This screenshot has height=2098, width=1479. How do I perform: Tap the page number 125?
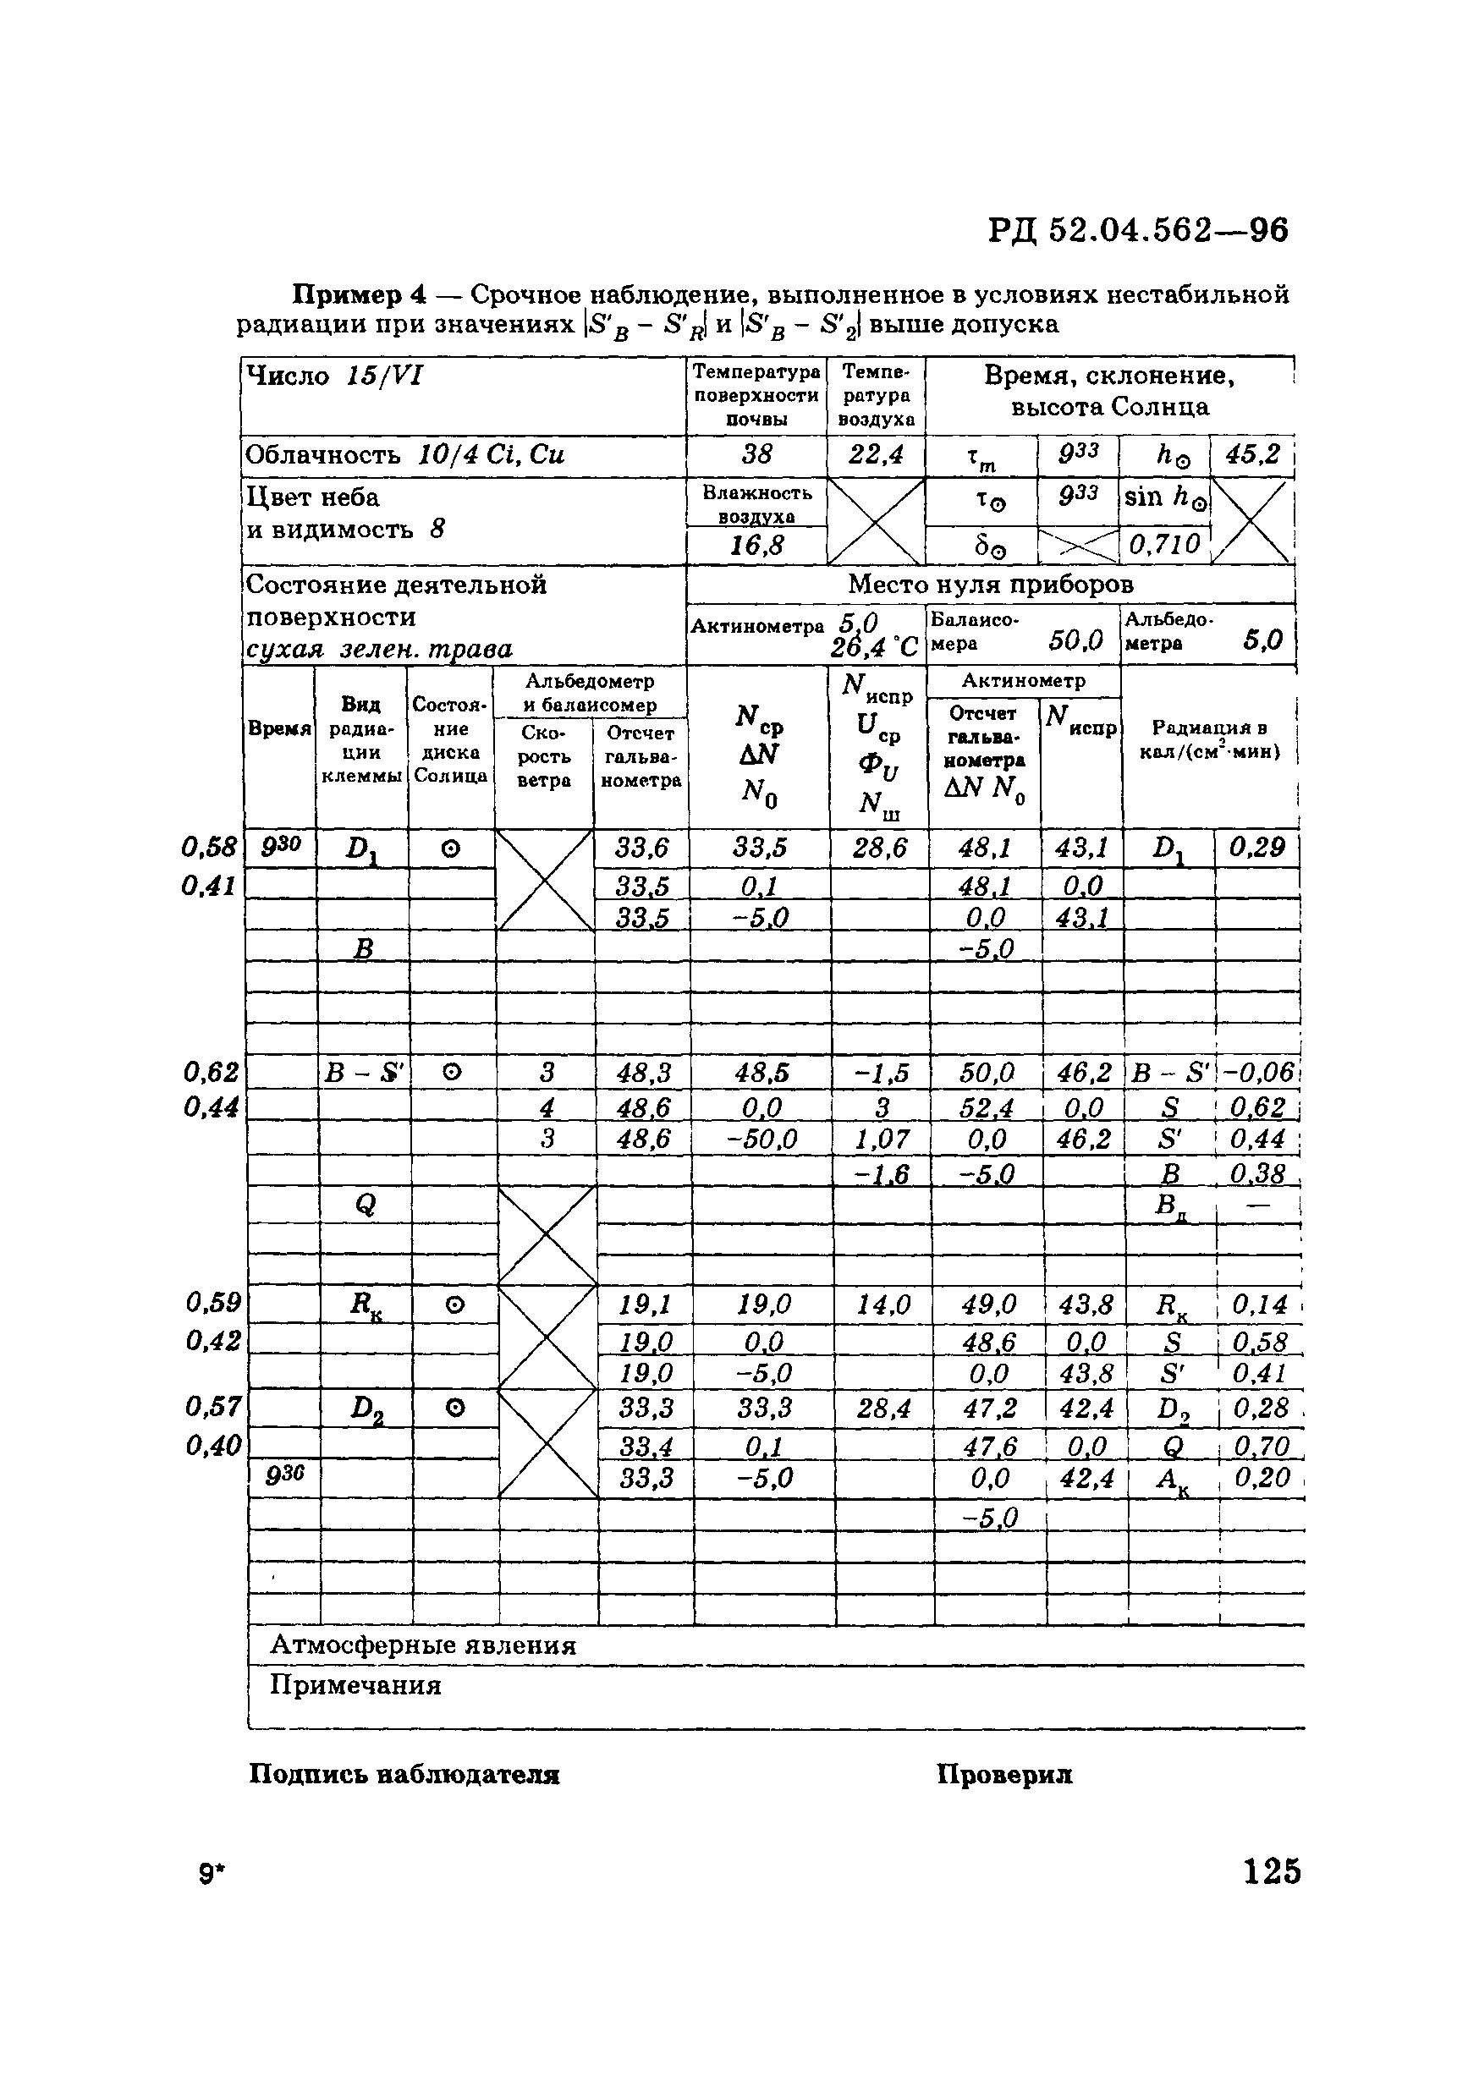[x=1272, y=1871]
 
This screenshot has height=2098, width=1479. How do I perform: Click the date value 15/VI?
[x=384, y=376]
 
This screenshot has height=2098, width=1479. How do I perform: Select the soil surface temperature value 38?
[x=757, y=454]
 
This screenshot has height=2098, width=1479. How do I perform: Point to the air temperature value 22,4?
[x=876, y=454]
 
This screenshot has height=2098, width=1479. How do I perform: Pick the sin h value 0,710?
[x=1164, y=545]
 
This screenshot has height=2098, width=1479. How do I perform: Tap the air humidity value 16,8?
[x=757, y=546]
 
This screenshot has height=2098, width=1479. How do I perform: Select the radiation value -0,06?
[x=1258, y=1073]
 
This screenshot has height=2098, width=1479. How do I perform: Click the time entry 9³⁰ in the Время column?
[x=281, y=848]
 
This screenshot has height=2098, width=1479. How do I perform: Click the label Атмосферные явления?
[x=423, y=1645]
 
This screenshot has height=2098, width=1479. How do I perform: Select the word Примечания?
[x=355, y=1685]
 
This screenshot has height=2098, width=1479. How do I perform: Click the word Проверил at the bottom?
[x=1003, y=1775]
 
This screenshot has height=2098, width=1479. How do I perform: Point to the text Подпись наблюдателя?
[x=404, y=1775]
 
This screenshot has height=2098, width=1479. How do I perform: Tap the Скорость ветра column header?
[x=544, y=756]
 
